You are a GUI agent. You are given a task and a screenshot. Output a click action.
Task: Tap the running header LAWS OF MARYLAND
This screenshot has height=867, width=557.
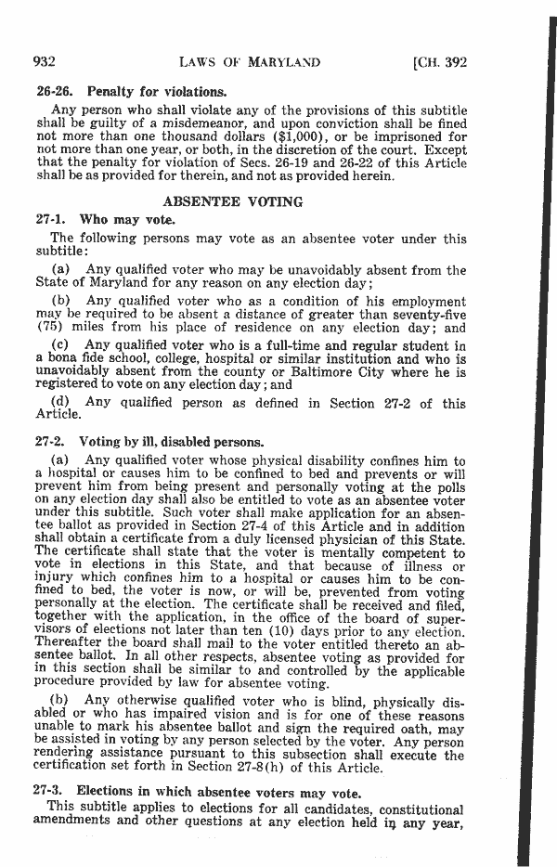(x=252, y=62)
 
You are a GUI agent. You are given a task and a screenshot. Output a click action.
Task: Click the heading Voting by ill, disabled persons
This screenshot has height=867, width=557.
(x=168, y=442)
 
